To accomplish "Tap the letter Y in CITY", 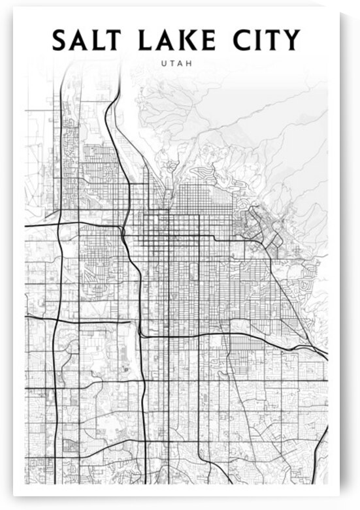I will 291,40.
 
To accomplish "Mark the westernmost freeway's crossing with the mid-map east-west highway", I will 55,320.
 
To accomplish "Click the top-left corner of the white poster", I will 14,8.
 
